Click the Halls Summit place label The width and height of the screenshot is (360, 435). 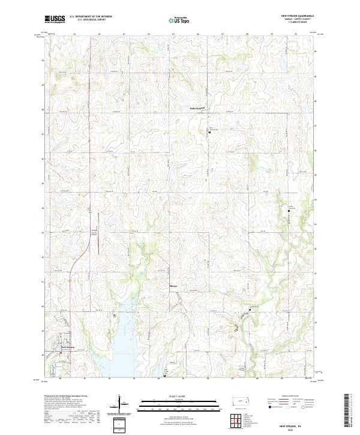pyautogui.click(x=190, y=109)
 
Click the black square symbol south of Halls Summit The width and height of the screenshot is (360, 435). pyautogui.click(x=209, y=132)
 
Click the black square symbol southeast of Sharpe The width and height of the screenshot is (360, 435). pyautogui.click(x=249, y=310)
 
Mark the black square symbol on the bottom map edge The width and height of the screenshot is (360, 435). pyautogui.click(x=164, y=376)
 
